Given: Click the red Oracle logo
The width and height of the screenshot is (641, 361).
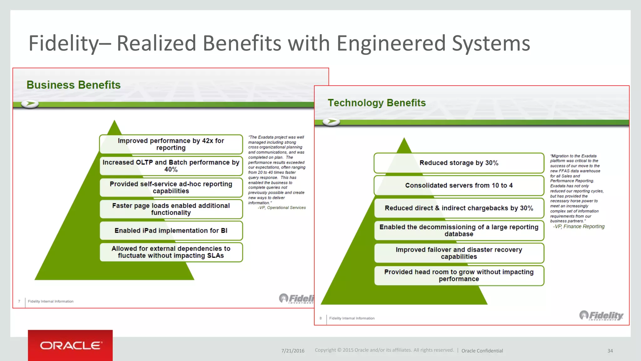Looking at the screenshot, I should pyautogui.click(x=70, y=345).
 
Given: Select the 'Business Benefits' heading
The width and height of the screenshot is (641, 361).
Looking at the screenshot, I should pyautogui.click(x=74, y=85).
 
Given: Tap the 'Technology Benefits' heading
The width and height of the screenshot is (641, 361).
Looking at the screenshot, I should pyautogui.click(x=377, y=103).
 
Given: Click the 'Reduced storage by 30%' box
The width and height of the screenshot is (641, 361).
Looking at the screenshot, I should pyautogui.click(x=459, y=163).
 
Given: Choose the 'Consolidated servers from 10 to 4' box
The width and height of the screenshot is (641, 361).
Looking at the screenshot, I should pyautogui.click(x=459, y=186).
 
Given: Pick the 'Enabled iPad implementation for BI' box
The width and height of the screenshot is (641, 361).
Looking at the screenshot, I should pyautogui.click(x=171, y=231).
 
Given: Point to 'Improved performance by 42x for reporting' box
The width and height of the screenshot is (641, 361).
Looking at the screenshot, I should pyautogui.click(x=171, y=144).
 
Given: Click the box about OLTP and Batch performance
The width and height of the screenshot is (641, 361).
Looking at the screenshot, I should pyautogui.click(x=171, y=166).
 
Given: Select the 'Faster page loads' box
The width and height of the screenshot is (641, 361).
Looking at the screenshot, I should pyautogui.click(x=171, y=209).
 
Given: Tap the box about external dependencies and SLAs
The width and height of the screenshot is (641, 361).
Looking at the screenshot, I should pyautogui.click(x=171, y=252).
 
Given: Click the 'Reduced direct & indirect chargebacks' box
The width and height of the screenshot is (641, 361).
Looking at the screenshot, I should pyautogui.click(x=459, y=208).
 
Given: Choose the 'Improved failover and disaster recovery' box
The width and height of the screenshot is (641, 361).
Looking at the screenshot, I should pyautogui.click(x=459, y=253).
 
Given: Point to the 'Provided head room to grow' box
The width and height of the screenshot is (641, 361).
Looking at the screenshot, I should pyautogui.click(x=459, y=275).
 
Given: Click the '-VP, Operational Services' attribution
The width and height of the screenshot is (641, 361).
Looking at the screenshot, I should pyautogui.click(x=282, y=208).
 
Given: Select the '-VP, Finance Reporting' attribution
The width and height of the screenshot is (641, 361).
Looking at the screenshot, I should pyautogui.click(x=579, y=227).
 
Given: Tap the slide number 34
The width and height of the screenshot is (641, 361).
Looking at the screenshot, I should pyautogui.click(x=610, y=351).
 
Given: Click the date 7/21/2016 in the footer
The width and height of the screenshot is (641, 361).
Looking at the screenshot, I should pyautogui.click(x=293, y=351).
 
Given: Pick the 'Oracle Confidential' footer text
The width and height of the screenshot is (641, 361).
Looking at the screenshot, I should pyautogui.click(x=482, y=351).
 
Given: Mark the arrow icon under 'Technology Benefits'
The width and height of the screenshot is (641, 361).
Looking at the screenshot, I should pyautogui.click(x=331, y=121).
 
